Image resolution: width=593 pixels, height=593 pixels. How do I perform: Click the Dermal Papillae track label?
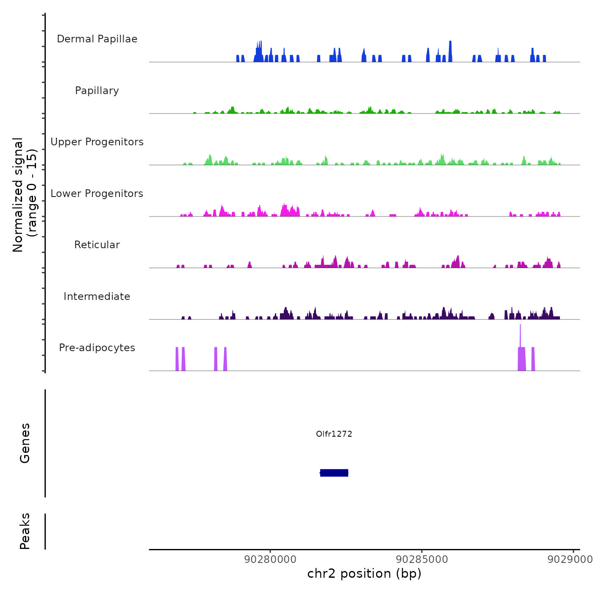97,39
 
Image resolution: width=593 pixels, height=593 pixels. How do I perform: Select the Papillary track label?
97,91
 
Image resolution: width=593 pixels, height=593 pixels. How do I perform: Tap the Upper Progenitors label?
97,142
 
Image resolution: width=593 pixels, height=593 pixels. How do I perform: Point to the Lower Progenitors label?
97,194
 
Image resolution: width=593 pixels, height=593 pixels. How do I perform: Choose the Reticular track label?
97,245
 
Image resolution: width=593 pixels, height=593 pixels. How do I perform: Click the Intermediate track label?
97,296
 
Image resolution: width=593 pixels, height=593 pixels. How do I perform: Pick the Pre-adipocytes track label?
97,348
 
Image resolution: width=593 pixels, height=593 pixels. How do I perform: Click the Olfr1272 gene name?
334,434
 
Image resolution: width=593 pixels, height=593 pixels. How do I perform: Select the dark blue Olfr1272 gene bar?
334,473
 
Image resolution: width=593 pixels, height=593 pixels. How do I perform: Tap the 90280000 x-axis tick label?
271,560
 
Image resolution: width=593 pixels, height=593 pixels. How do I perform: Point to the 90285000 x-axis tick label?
422,560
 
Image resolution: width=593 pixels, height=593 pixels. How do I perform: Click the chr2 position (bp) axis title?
364,574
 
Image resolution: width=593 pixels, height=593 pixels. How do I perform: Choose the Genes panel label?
25,443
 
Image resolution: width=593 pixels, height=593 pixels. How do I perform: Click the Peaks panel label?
25,531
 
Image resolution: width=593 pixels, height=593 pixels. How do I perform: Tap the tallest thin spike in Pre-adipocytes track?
520,335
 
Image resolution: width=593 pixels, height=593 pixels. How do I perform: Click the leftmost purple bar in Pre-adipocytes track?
177,359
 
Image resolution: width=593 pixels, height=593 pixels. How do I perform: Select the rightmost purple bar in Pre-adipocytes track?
533,359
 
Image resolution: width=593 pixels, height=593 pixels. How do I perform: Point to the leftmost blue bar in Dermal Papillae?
238,58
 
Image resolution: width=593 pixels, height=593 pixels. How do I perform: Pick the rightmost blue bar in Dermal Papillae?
544,58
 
